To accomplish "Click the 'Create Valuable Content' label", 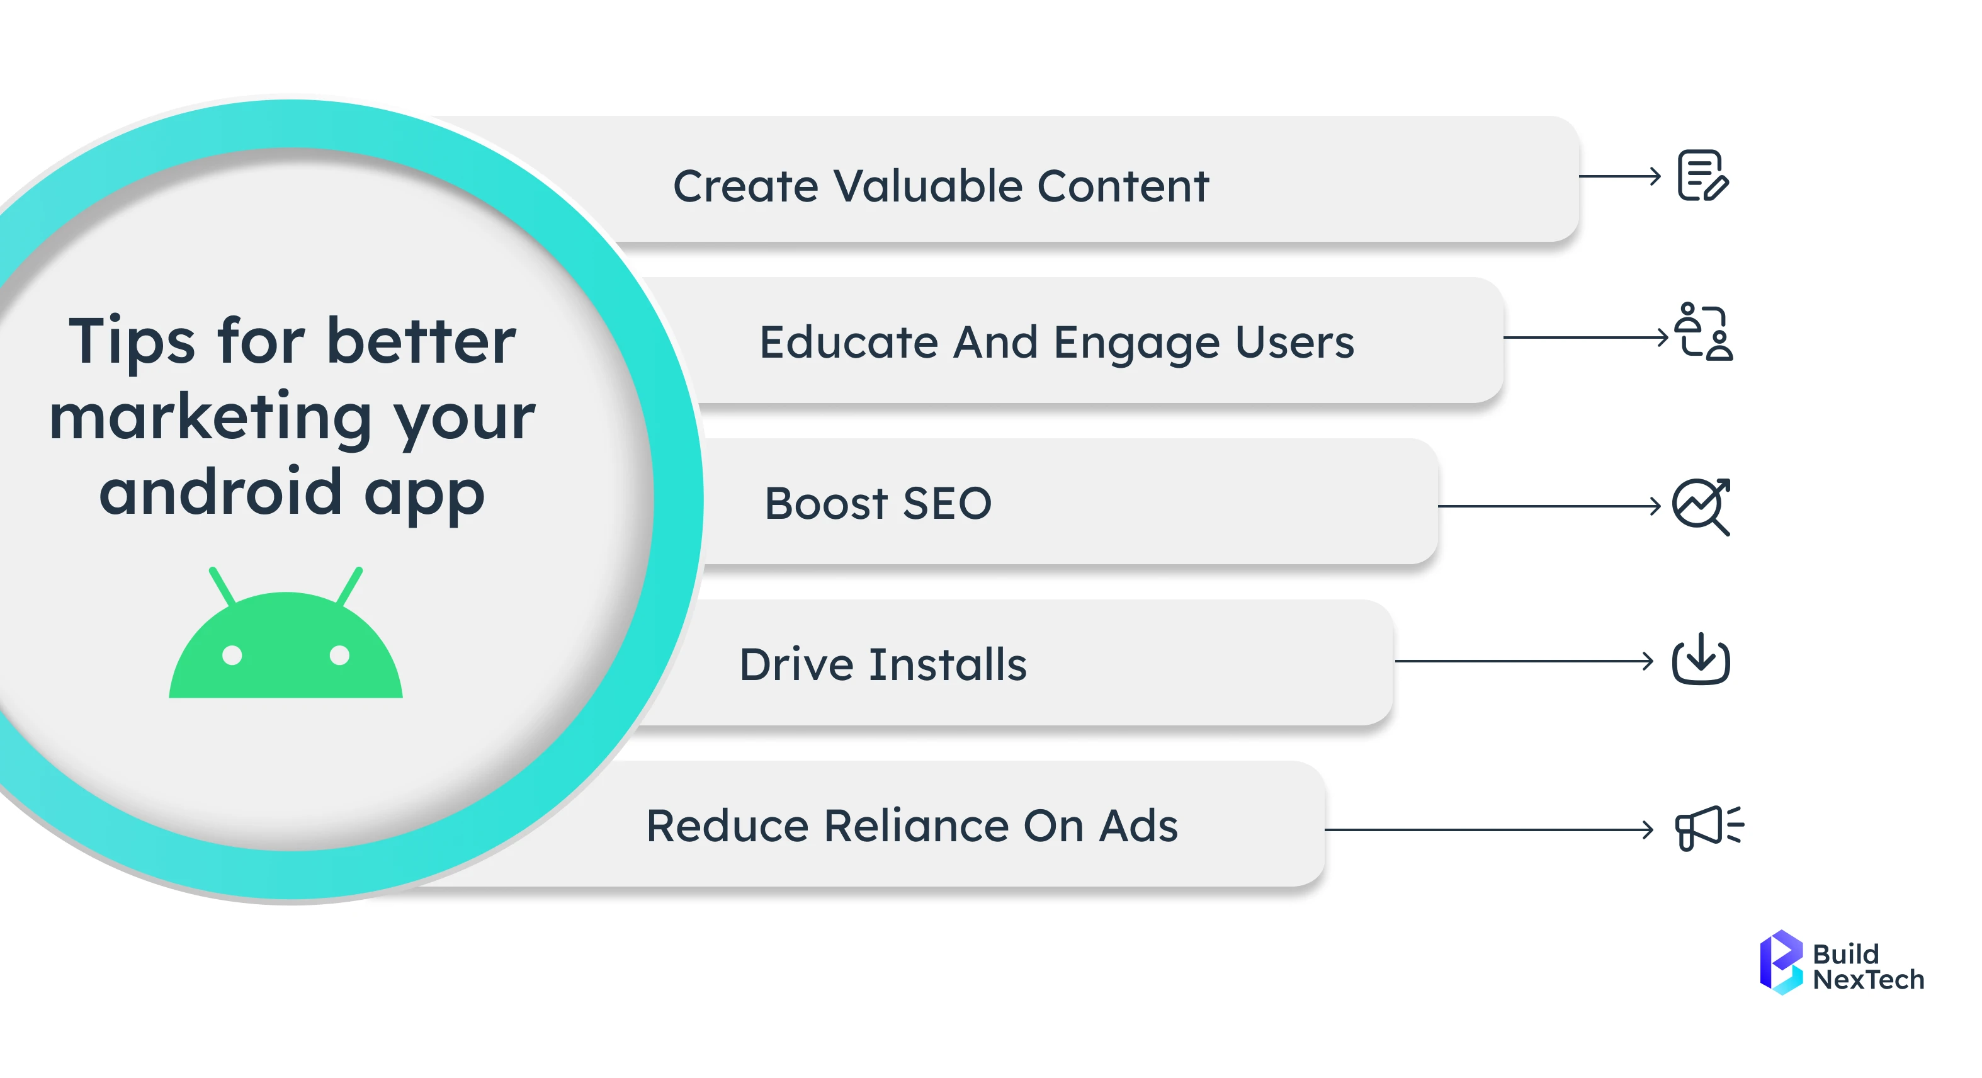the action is (x=940, y=186).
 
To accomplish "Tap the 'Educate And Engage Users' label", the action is (x=1056, y=343).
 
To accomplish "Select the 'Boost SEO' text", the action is (x=877, y=504).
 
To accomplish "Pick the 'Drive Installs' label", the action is (x=883, y=665).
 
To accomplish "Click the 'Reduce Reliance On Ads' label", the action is (x=911, y=826).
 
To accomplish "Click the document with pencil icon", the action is (x=1702, y=176).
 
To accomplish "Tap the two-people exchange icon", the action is (x=1704, y=332).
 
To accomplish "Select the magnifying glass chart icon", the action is (x=1701, y=506).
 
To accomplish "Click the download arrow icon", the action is (x=1701, y=659).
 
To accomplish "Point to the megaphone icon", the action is (x=1707, y=828).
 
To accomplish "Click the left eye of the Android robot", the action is (x=232, y=655).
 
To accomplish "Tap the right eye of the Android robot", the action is (x=339, y=655).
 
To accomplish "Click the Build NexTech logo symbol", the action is (x=1781, y=963).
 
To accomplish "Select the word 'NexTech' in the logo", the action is (x=1868, y=980).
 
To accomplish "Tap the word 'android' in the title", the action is (x=220, y=492).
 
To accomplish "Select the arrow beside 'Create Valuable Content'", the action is (x=1619, y=176).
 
